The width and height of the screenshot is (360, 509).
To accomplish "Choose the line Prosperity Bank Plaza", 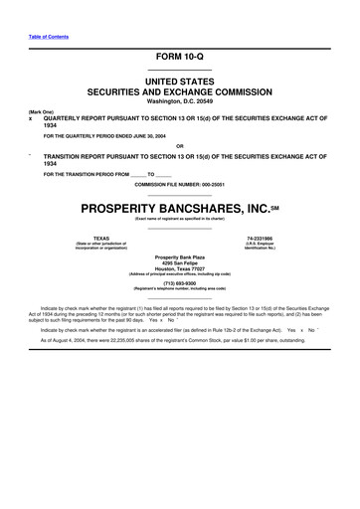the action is pos(179,256).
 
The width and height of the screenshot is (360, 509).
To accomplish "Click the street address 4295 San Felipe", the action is pos(179,262).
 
